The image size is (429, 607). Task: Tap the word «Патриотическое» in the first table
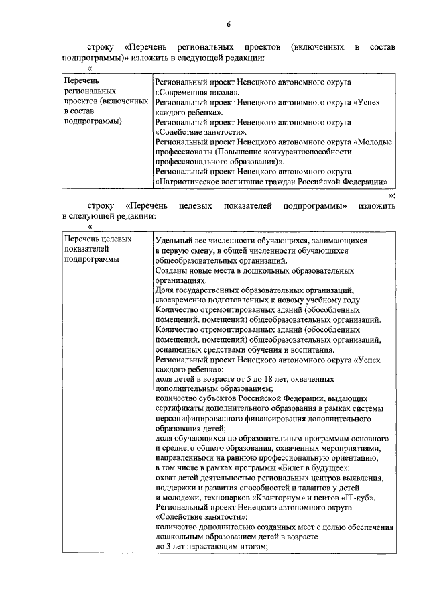pyautogui.click(x=187, y=181)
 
